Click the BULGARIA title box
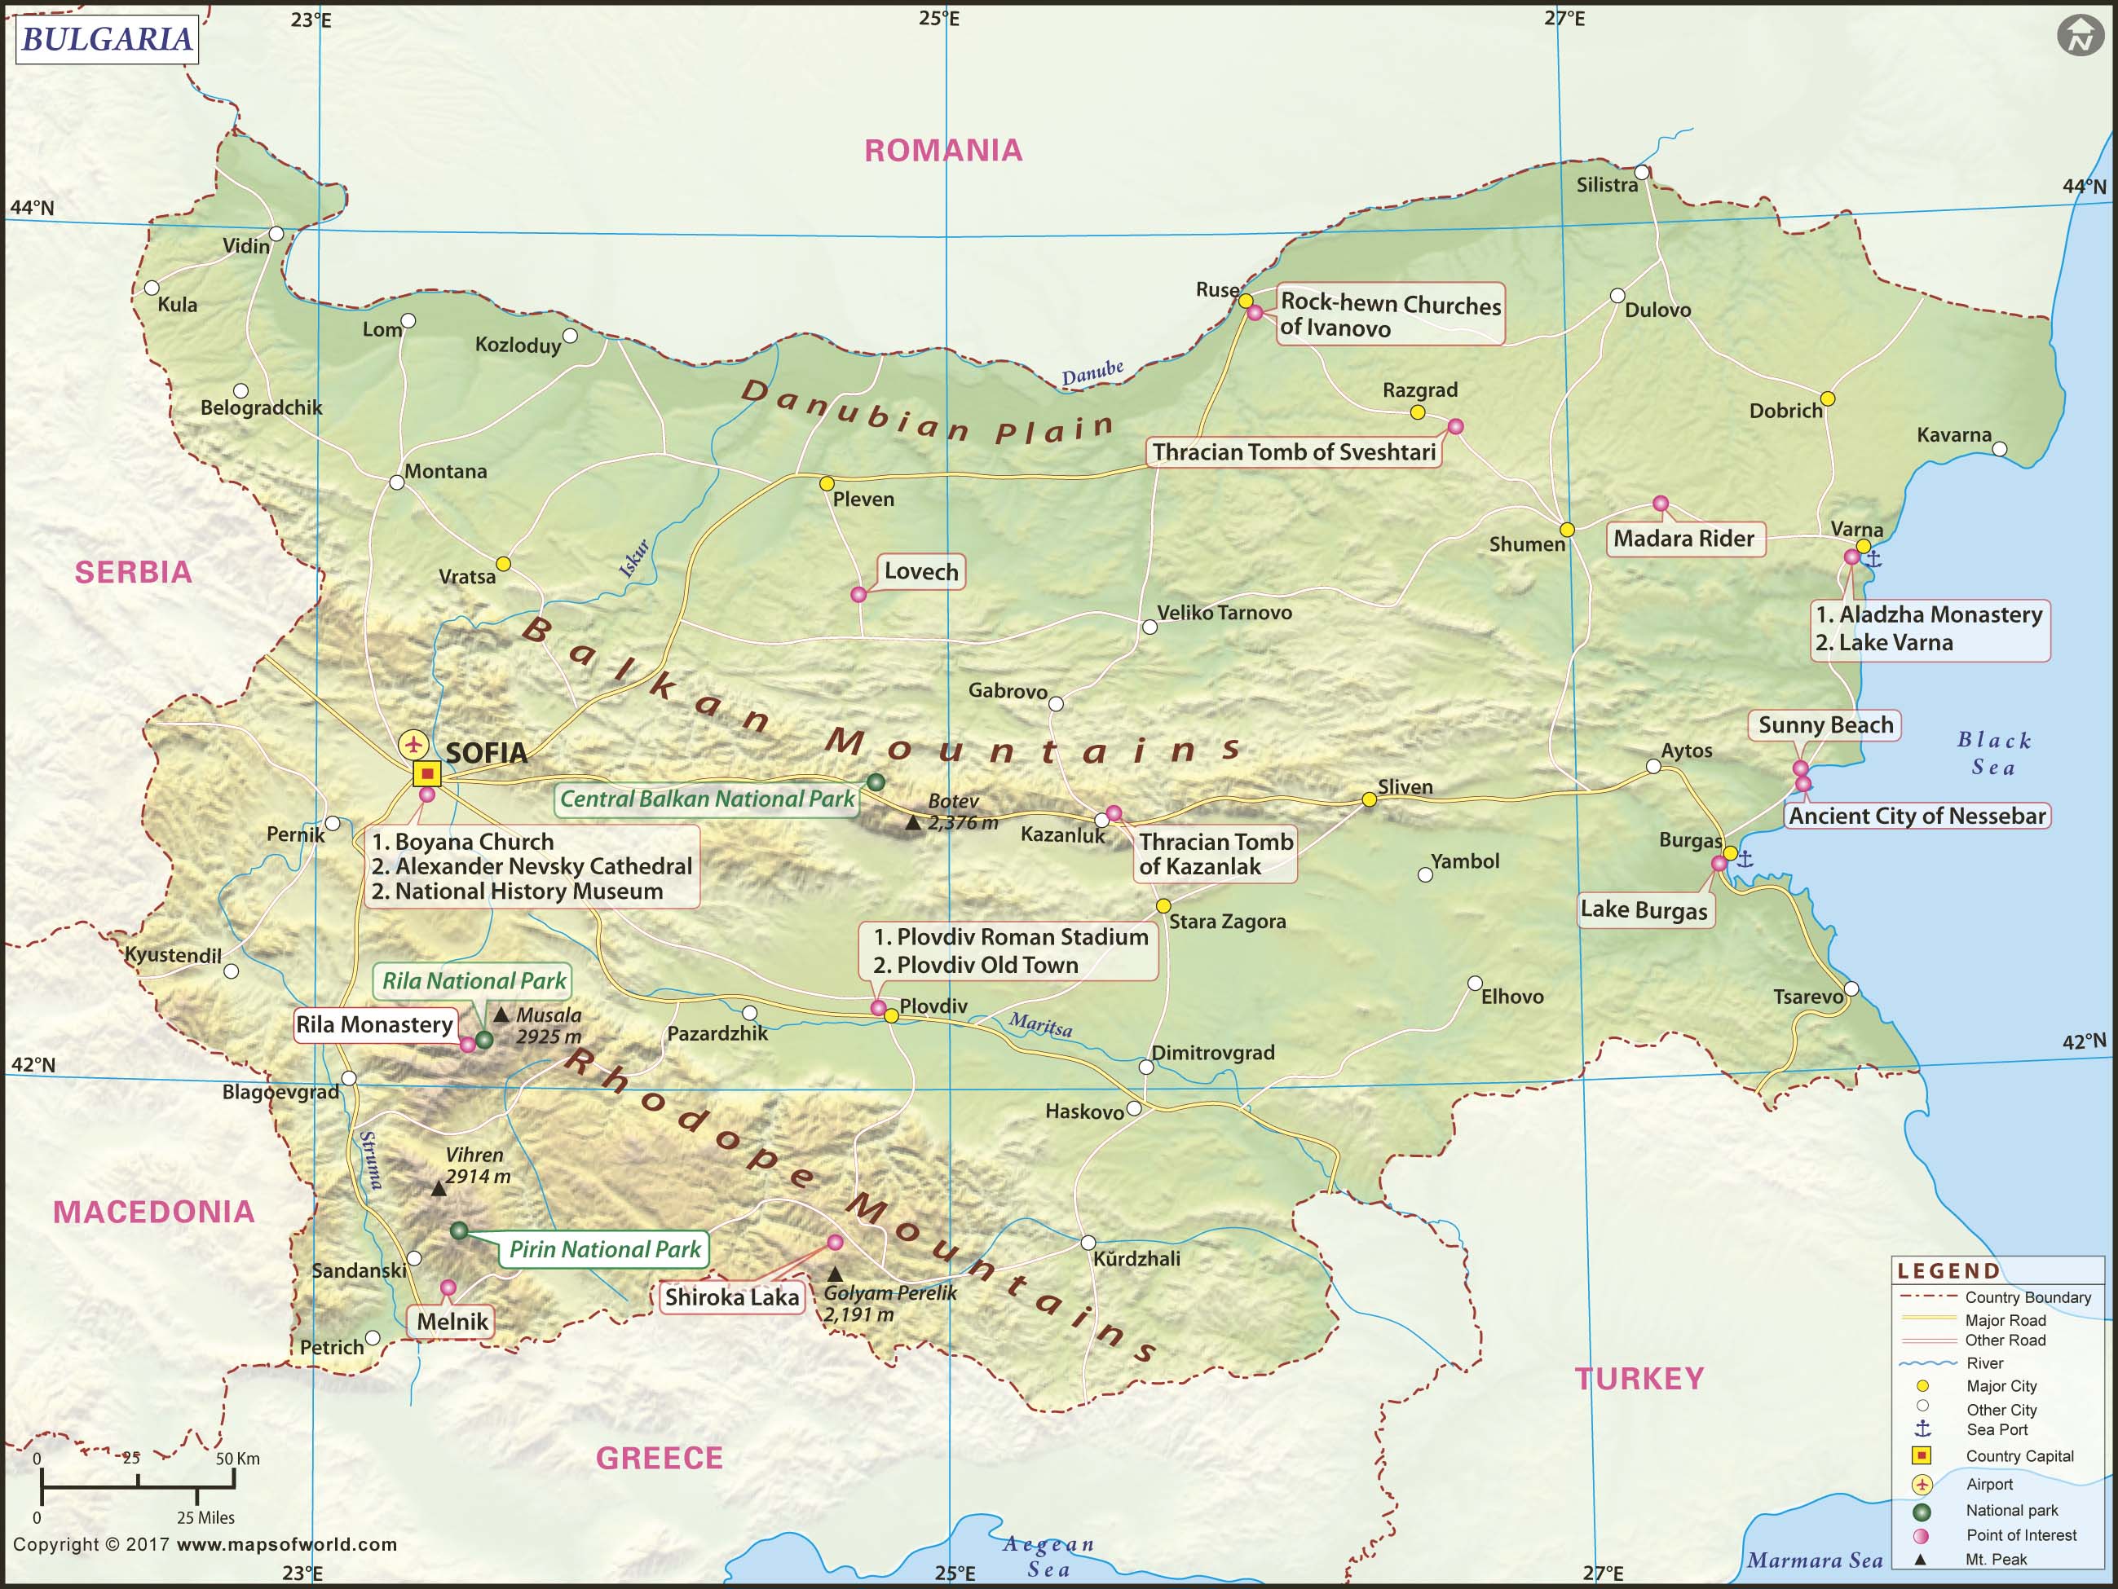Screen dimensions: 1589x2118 106,39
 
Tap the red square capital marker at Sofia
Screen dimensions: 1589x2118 426,773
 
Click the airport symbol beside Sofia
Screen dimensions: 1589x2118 413,744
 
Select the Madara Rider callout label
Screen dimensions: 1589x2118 1683,538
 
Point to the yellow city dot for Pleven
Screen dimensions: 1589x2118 827,483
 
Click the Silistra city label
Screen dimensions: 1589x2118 1607,185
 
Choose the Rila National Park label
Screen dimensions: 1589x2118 473,981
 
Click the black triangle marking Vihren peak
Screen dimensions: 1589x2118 438,1189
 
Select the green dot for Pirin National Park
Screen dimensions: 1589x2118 459,1230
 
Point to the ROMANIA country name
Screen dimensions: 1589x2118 942,150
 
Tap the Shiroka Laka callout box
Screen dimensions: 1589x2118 731,1297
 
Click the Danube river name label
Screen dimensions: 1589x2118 1092,372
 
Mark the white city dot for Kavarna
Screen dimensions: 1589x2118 1998,449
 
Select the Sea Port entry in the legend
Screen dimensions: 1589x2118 1996,1430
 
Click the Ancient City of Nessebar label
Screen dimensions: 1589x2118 1917,816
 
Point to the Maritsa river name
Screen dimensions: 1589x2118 1040,1025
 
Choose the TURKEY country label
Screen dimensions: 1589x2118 1639,1379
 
